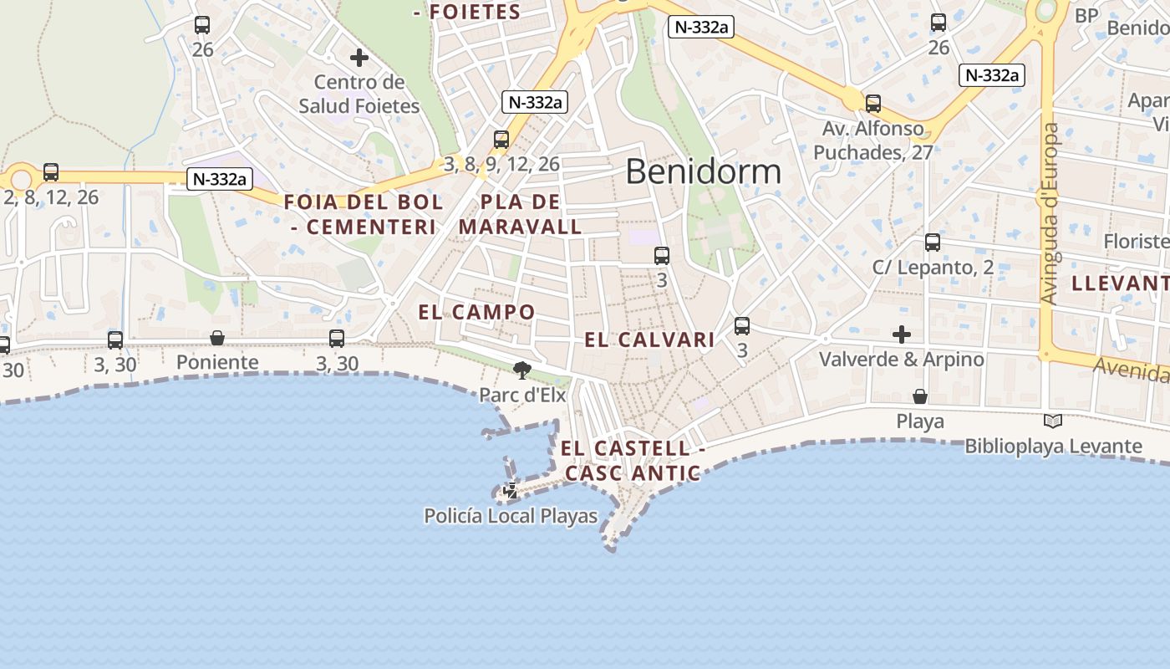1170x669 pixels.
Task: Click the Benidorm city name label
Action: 703,171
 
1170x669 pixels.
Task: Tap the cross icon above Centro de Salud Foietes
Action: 359,58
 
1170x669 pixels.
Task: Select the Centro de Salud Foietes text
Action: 359,94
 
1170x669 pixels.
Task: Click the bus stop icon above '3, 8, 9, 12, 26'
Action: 501,139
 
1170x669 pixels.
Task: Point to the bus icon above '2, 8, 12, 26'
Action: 51,172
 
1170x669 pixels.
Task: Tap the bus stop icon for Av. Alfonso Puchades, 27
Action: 873,104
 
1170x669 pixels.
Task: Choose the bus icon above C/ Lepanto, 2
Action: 933,243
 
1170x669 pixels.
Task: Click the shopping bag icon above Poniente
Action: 217,338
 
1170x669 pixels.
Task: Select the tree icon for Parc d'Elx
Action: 522,370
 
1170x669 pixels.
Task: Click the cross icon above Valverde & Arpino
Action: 902,334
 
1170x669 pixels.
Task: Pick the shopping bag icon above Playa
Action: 920,396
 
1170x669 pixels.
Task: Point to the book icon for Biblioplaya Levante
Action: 1053,421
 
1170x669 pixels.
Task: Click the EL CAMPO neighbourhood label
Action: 476,313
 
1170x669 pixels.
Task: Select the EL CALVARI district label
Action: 649,340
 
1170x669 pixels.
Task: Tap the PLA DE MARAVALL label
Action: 520,214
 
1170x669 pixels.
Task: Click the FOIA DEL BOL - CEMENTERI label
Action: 364,214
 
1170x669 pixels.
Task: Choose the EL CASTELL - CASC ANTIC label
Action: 632,461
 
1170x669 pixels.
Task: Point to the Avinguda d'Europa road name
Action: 1050,213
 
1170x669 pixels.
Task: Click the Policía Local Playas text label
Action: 511,516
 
